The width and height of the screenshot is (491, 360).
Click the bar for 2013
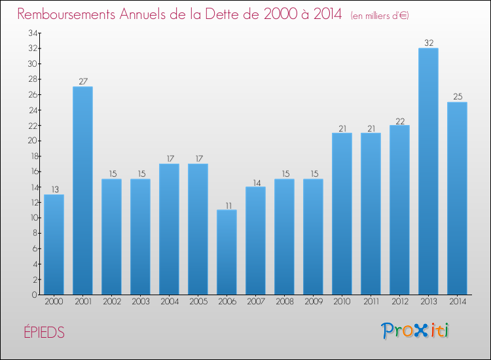pos(428,171)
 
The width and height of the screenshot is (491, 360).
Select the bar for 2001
pos(82,190)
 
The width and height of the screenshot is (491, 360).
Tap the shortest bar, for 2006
pos(227,252)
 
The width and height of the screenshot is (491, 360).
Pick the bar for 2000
pos(54,244)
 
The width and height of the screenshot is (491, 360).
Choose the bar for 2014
pos(457,198)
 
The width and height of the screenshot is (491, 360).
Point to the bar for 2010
pos(342,213)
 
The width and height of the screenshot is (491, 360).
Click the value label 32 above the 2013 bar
pos(428,43)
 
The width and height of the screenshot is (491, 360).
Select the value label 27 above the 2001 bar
pos(82,82)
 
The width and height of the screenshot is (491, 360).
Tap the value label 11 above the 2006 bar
pos(227,205)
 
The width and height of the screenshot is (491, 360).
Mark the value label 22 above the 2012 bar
pos(399,120)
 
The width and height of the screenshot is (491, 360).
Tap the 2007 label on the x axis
pos(255,302)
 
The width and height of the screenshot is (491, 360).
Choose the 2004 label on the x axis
pos(169,302)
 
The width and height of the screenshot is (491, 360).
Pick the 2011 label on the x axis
pos(371,302)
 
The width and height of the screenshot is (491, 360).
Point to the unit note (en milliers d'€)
pos(380,15)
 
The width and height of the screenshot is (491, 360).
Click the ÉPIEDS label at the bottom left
pos(42,333)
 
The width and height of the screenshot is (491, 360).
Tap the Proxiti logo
pos(415,331)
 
